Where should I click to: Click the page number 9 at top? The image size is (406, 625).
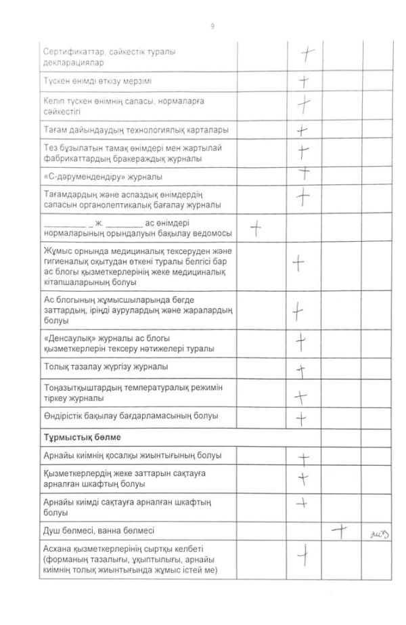(212, 26)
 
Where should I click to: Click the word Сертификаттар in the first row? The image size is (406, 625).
(74, 52)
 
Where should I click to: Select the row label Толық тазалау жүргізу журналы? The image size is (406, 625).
(106, 367)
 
